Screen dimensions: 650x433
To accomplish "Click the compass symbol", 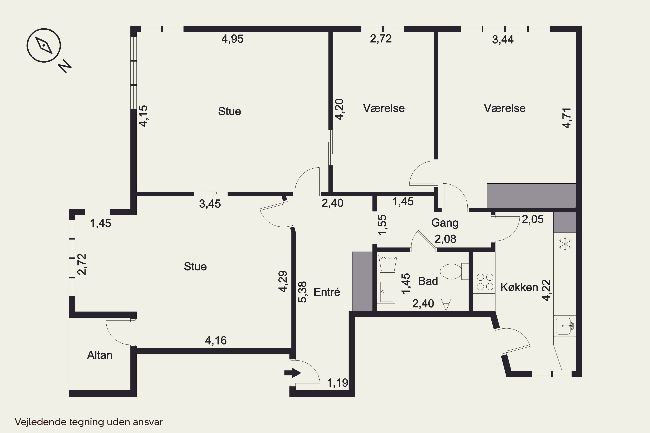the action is pyautogui.click(x=44, y=45).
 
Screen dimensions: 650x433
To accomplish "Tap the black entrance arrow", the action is pyautogui.click(x=292, y=373).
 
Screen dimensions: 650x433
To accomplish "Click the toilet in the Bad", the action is pyautogui.click(x=454, y=271).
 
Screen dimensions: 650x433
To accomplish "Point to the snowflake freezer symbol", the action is pyautogui.click(x=565, y=244).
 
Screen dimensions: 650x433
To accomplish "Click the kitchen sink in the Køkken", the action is pyautogui.click(x=565, y=326).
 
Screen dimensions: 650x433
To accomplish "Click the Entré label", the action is pyautogui.click(x=327, y=292).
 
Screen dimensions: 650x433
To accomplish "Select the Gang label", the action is pyautogui.click(x=445, y=223).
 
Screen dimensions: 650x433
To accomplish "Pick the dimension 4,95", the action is pyautogui.click(x=232, y=39).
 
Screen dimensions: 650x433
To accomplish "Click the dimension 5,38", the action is pyautogui.click(x=303, y=292).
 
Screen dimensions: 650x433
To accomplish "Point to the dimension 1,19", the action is pyautogui.click(x=337, y=383).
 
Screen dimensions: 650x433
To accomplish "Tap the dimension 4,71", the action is pyautogui.click(x=567, y=118).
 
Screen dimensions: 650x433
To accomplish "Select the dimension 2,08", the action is pyautogui.click(x=445, y=239).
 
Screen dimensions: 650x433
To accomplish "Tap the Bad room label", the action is pyautogui.click(x=428, y=281).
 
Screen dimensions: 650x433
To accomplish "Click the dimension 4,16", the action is pyautogui.click(x=216, y=341).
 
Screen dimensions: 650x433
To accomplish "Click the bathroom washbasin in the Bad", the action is pyautogui.click(x=387, y=292).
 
